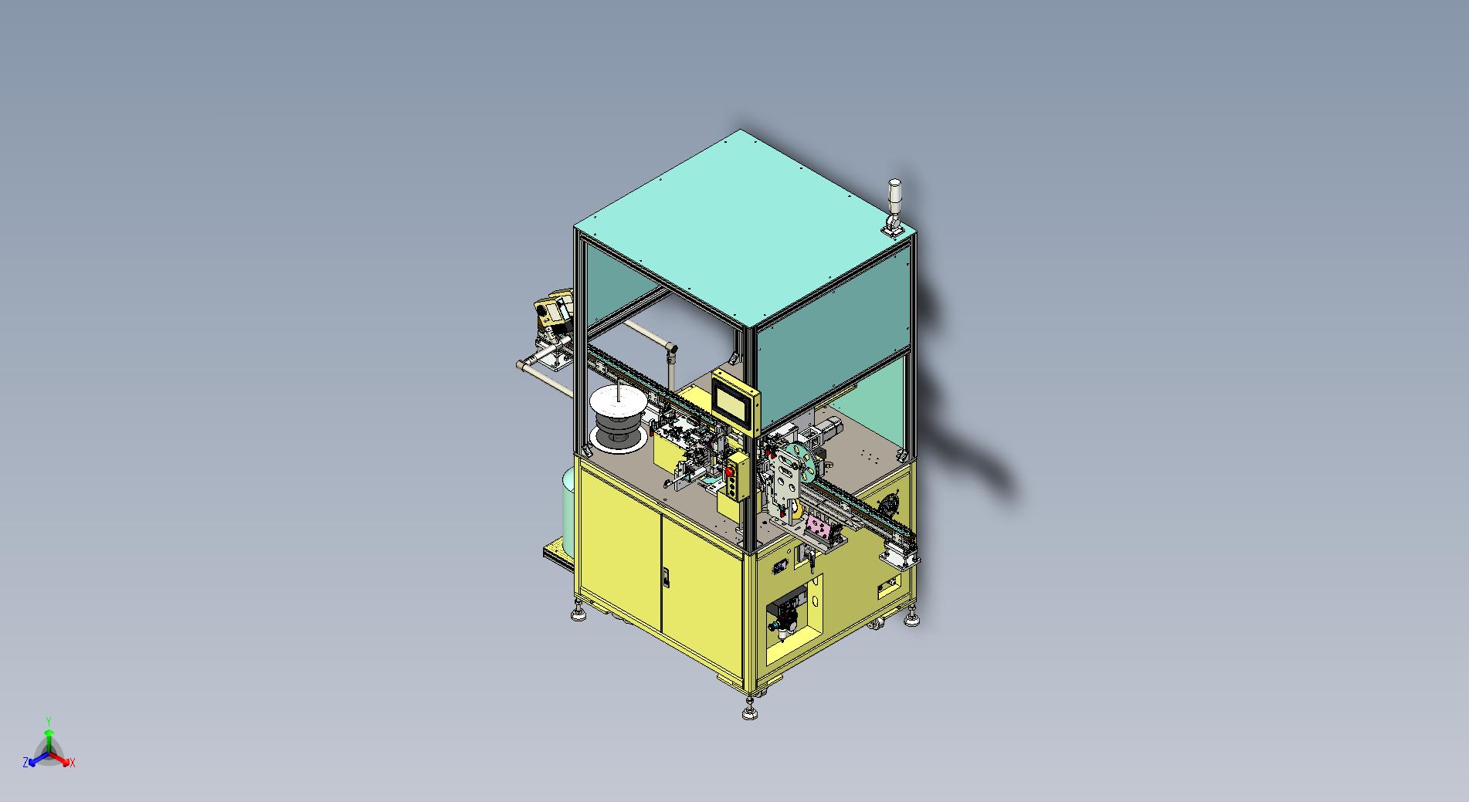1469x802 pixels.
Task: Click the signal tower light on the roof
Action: (894, 205)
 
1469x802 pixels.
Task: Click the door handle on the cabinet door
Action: (667, 578)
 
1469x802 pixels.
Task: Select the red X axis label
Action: (73, 763)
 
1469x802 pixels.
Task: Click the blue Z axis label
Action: (25, 763)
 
